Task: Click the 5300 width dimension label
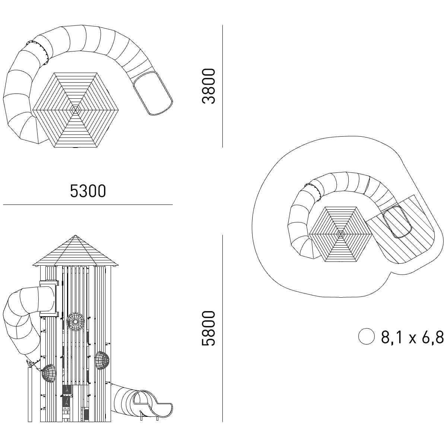[88, 191]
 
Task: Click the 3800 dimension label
[209, 86]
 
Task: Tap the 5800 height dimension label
[209, 328]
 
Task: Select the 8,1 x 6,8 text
[412, 337]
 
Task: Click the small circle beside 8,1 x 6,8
[367, 336]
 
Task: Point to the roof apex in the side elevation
[75, 235]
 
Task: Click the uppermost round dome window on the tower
[75, 322]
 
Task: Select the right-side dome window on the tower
[102, 361]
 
